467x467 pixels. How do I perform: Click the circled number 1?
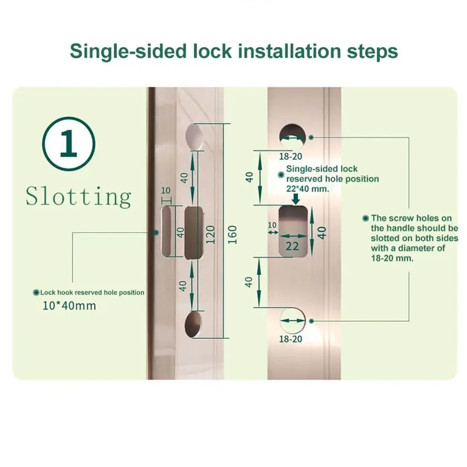pyautogui.click(x=69, y=144)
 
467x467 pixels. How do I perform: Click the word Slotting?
pyautogui.click(x=78, y=197)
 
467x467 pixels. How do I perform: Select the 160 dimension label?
pyautogui.click(x=232, y=234)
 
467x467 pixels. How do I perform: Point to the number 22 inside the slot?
pyautogui.click(x=292, y=246)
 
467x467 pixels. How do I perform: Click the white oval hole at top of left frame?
pyautogui.click(x=195, y=136)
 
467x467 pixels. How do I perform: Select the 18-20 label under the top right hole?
pyautogui.click(x=290, y=156)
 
